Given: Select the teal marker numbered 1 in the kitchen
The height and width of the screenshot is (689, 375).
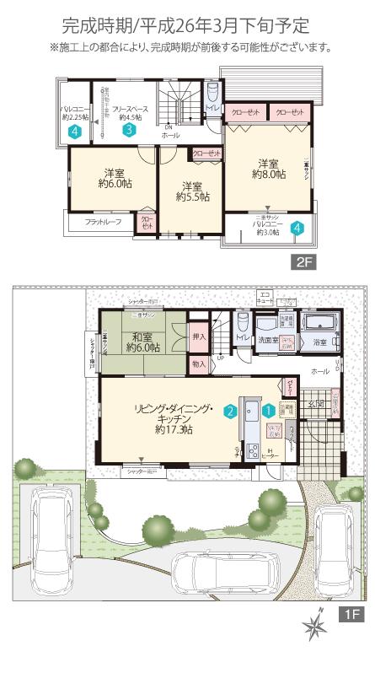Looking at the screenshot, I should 267,411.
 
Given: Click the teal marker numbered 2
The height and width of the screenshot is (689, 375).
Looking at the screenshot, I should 229,412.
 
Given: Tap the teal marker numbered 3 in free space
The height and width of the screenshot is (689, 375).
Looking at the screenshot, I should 128,131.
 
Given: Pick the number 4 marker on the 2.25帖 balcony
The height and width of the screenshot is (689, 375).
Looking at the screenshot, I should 76,132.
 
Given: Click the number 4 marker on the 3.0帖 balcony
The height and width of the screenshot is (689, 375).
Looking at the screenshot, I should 296,228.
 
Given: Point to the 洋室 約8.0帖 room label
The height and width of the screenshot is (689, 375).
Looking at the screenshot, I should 269,169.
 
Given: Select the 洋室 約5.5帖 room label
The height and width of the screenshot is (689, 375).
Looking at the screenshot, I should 192,191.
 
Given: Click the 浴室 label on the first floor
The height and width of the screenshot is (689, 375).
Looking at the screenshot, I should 321,344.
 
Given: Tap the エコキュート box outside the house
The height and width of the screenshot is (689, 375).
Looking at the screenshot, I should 265,299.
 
